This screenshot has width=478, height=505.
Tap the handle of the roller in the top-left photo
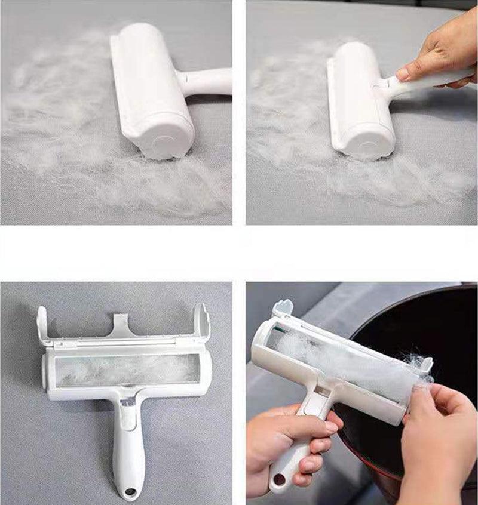tap(206, 82)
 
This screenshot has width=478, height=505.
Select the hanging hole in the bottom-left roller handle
tap(130, 494)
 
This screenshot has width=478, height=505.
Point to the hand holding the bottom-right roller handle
tap(287, 436)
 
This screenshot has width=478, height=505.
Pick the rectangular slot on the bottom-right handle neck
tap(318, 391)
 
